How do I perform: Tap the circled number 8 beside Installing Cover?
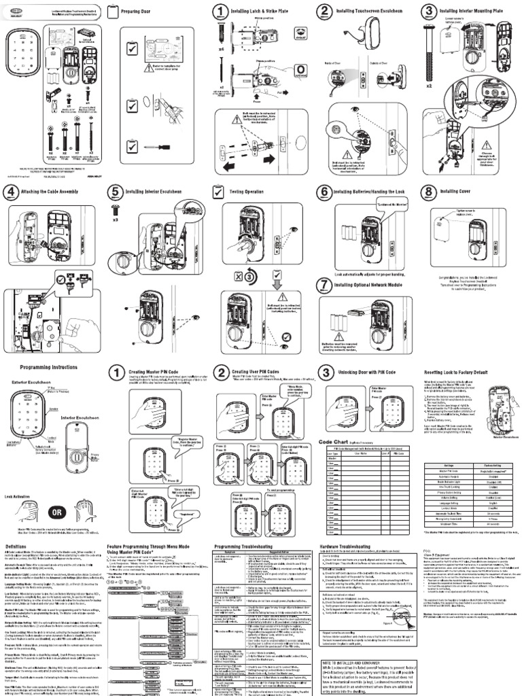point(429,192)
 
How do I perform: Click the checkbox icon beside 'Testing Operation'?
point(218,192)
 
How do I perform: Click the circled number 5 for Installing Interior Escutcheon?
point(116,192)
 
